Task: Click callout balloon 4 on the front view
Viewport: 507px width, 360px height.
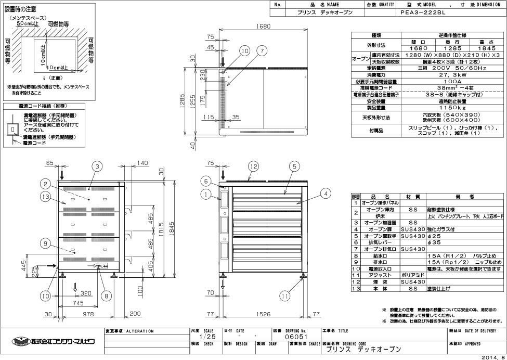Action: click(325, 194)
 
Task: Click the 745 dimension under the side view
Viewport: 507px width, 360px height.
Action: click(79, 303)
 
